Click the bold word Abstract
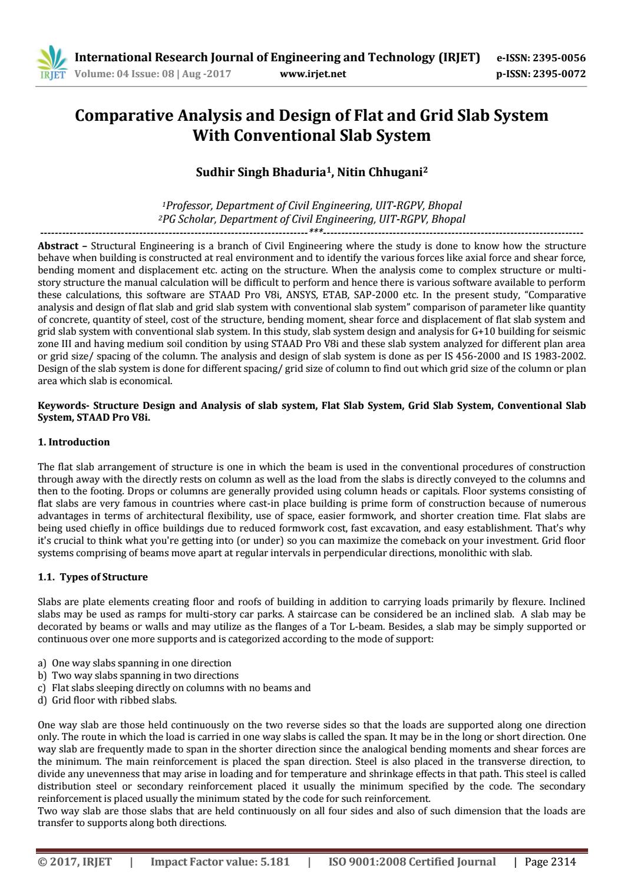(x=58, y=246)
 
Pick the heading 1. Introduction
(x=74, y=442)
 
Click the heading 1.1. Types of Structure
(x=93, y=577)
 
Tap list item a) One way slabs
(x=134, y=663)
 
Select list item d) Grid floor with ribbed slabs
(x=107, y=701)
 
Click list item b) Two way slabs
(x=138, y=675)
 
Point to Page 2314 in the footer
(x=549, y=862)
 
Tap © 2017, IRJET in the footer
(x=74, y=862)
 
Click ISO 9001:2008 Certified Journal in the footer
(x=411, y=862)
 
